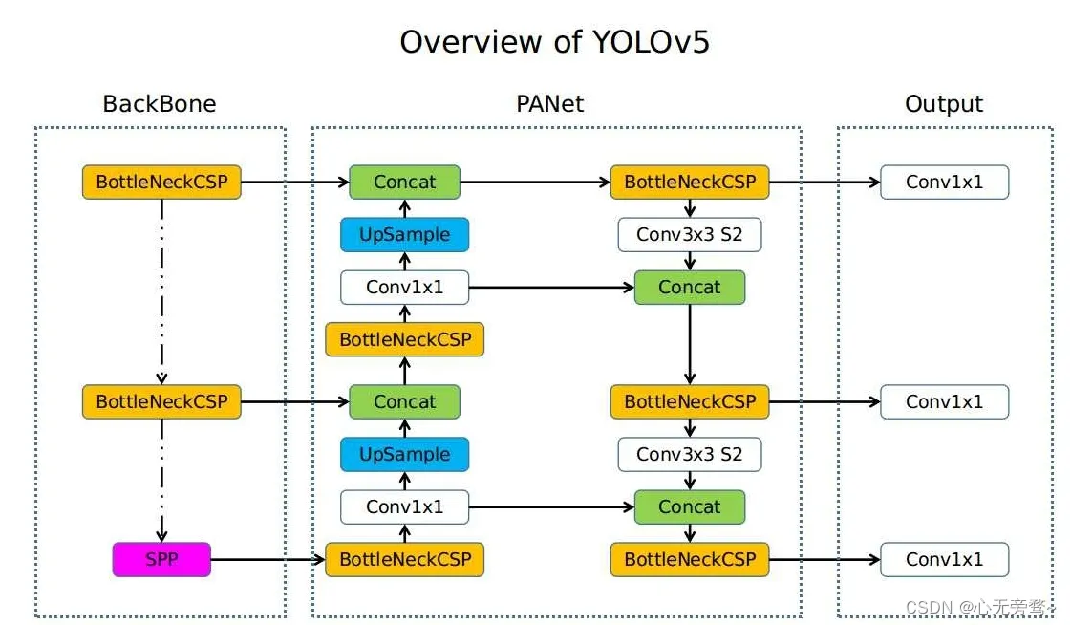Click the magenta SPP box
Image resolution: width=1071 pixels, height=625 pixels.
[x=161, y=559]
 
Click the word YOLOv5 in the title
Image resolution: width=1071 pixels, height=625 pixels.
[x=651, y=42]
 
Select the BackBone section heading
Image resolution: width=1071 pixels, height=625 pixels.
[x=160, y=104]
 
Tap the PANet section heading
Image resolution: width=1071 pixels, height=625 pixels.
[x=550, y=104]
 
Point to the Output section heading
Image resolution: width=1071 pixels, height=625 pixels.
[x=944, y=104]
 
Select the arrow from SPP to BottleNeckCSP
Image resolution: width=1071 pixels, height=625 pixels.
[x=268, y=559]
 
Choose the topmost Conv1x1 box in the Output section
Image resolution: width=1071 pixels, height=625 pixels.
[x=945, y=183]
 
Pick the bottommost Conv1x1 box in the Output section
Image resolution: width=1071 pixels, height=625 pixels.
[x=945, y=559]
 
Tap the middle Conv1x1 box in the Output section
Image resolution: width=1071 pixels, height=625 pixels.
[x=945, y=401]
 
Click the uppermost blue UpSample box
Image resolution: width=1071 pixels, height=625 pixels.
[x=404, y=234]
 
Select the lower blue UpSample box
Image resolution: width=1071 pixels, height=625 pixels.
[x=404, y=454]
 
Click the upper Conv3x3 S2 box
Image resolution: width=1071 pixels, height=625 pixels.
[x=689, y=234]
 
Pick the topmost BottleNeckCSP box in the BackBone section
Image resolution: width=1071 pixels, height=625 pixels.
[x=161, y=183]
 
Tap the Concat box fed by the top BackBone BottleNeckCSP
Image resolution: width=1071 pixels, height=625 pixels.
[x=404, y=183]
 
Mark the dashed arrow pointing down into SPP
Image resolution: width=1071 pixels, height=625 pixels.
[x=161, y=480]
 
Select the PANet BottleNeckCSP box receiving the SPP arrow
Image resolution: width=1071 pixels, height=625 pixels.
[x=404, y=559]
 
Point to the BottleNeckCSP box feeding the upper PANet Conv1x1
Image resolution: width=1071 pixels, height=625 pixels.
[x=404, y=339]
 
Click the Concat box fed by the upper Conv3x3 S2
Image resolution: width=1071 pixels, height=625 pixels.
[x=689, y=287]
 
